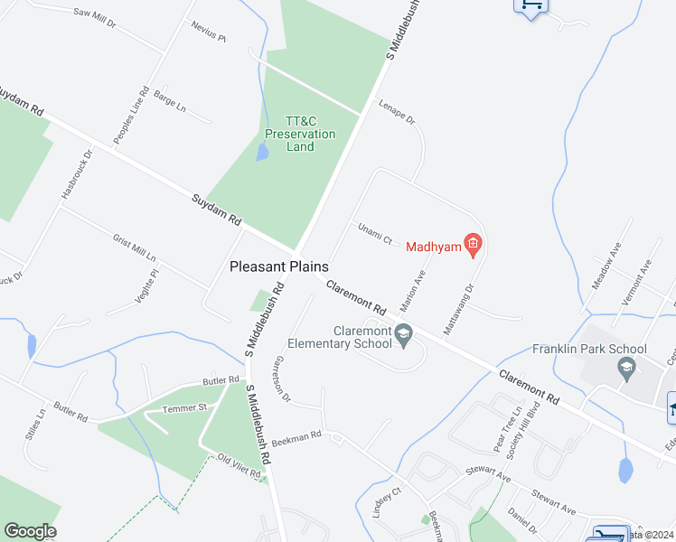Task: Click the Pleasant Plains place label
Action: tap(278, 266)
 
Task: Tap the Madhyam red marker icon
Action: tap(472, 243)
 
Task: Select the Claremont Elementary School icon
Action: tap(405, 333)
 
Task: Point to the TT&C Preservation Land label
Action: tap(300, 134)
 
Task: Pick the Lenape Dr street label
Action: tap(396, 111)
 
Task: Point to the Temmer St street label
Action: tap(184, 408)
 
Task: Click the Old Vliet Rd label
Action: tap(239, 466)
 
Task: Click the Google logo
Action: tap(31, 531)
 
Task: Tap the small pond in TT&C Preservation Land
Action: tap(262, 153)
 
